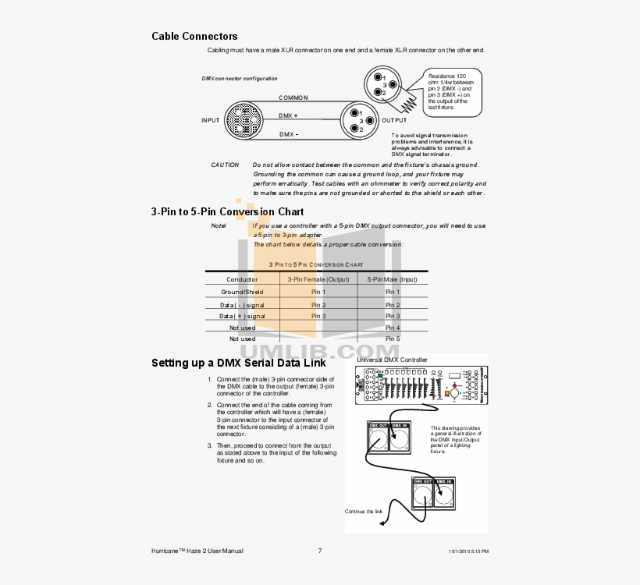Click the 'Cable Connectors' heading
[x=194, y=36]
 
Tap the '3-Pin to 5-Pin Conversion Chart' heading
[x=227, y=211]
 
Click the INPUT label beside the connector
[x=210, y=121]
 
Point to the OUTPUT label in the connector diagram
[x=394, y=121]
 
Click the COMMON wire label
[x=293, y=98]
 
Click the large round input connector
[x=246, y=121]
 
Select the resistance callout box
[x=452, y=91]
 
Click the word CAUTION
[x=225, y=165]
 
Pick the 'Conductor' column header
[x=242, y=279]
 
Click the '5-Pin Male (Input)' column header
[x=392, y=279]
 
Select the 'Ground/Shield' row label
[x=242, y=292]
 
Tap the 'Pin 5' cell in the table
[x=392, y=339]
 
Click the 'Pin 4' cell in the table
[x=392, y=328]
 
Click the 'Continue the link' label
[x=364, y=512]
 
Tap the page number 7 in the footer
[x=320, y=551]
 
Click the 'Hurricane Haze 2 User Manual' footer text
[x=197, y=551]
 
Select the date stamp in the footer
[x=468, y=551]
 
